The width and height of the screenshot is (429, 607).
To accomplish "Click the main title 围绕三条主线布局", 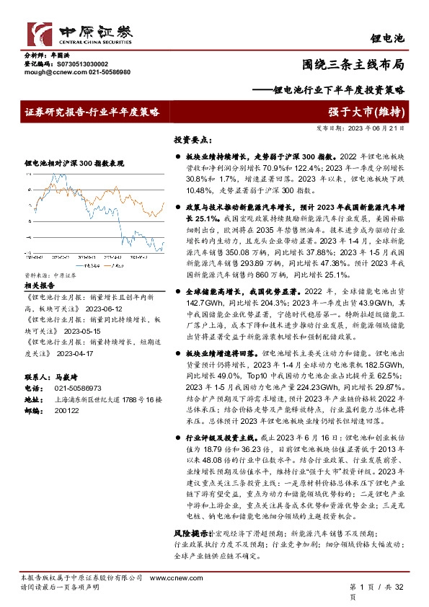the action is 363,63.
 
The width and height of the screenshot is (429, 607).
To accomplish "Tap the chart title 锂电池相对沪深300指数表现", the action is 74,164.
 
